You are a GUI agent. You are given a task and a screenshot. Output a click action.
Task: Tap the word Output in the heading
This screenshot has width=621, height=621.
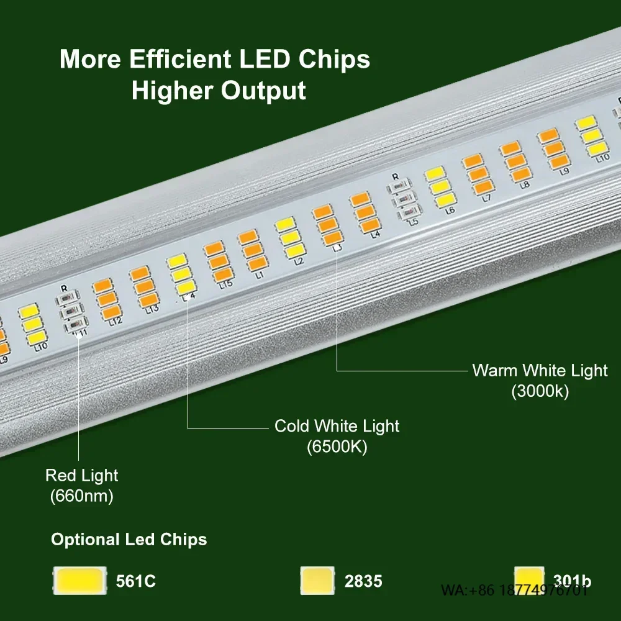coord(263,91)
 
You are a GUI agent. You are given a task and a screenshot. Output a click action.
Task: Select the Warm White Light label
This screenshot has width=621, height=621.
coord(540,371)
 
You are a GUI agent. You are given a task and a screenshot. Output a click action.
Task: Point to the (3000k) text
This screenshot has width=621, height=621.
coord(540,392)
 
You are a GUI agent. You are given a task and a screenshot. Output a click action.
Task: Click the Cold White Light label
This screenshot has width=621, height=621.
coord(337,426)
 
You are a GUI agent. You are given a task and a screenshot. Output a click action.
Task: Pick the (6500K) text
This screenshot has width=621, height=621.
coord(337,446)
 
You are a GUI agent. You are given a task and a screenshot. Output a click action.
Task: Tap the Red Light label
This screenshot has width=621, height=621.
coord(81,476)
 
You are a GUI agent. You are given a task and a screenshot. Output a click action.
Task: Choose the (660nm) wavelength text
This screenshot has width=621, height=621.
coord(81,496)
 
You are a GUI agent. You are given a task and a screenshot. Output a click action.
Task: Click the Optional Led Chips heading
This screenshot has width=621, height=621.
coord(129,539)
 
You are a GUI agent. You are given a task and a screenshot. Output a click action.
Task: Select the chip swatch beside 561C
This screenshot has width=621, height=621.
coord(79,581)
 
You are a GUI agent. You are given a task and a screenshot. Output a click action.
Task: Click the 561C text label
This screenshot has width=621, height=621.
coord(135,582)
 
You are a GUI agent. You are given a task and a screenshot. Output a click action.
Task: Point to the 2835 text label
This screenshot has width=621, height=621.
coord(363,582)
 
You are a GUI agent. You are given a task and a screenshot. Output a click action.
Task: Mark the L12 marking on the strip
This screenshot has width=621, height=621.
coord(114,321)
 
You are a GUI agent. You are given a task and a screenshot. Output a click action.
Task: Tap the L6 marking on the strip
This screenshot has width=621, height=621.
coord(450,211)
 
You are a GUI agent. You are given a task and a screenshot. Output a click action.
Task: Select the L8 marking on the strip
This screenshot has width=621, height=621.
coord(525,184)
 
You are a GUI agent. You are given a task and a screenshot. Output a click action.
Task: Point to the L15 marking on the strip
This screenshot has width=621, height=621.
coord(225,284)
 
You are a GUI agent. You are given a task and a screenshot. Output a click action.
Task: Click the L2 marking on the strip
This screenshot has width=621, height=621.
coord(299,261)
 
